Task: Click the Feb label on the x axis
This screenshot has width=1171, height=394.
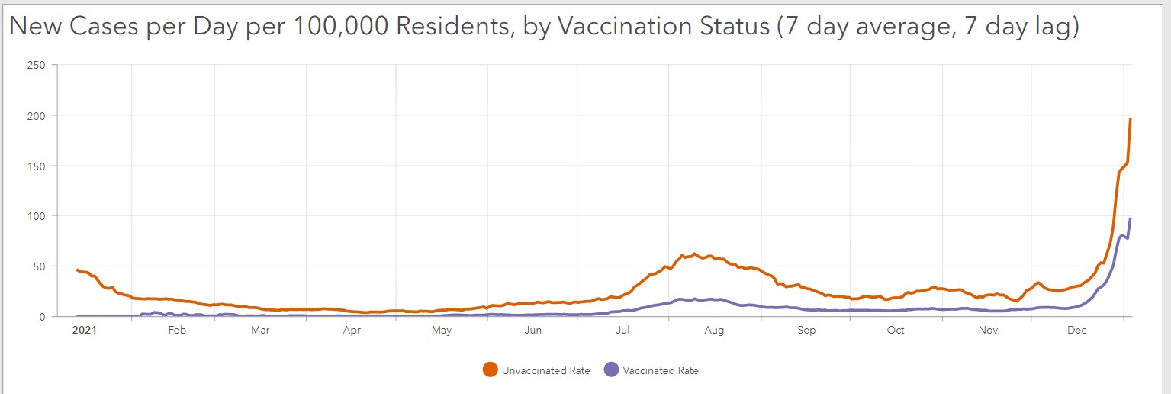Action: click(x=177, y=331)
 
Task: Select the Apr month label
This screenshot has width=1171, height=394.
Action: click(x=352, y=331)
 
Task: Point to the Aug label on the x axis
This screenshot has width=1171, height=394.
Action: click(x=714, y=331)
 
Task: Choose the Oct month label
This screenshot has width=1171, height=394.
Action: click(x=896, y=331)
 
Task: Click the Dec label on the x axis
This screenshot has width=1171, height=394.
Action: click(x=1077, y=331)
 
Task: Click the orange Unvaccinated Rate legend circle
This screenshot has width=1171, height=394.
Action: click(x=491, y=370)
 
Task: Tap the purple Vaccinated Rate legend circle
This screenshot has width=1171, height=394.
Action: click(x=611, y=370)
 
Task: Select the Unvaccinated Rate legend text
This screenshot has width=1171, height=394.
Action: click(x=545, y=371)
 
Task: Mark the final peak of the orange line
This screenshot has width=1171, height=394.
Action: click(x=1131, y=119)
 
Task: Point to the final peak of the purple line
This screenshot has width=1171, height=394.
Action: click(x=1131, y=219)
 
